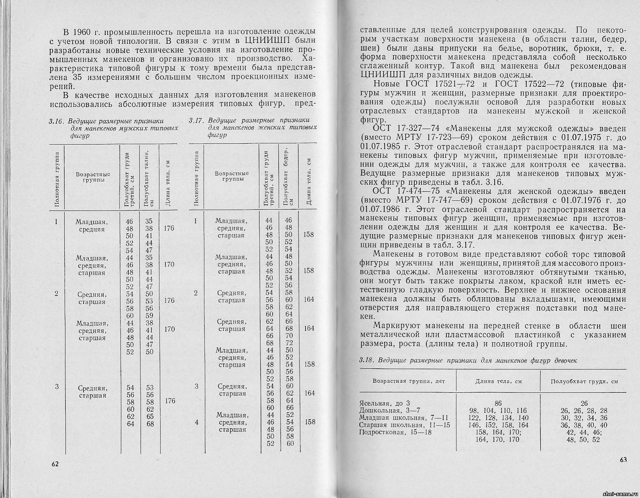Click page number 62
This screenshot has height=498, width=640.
click(x=55, y=464)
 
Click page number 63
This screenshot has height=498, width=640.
click(x=623, y=460)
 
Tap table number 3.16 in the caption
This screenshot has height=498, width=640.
click(x=56, y=121)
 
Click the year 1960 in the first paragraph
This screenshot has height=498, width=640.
click(x=84, y=31)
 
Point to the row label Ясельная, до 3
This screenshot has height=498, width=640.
click(x=384, y=403)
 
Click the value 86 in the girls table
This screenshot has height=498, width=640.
click(x=498, y=403)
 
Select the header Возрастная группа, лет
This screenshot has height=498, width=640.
click(x=409, y=381)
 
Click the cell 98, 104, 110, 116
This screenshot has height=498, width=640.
click(x=498, y=410)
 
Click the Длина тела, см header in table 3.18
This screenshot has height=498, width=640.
click(x=498, y=381)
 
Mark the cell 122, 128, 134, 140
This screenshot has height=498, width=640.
click(x=498, y=418)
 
